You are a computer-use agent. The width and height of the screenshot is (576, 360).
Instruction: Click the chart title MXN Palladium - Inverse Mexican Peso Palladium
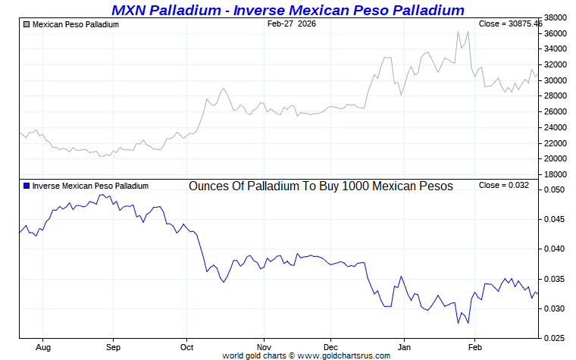[287, 10]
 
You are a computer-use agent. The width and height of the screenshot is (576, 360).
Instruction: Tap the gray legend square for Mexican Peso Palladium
[27, 24]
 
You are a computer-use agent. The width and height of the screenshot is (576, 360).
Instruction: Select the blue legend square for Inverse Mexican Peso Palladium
[27, 186]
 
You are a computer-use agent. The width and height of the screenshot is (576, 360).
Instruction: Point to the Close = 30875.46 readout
[510, 24]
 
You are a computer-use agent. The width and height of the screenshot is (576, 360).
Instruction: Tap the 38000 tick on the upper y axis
[557, 17]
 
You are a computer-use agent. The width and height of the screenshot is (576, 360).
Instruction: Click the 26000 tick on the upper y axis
[557, 112]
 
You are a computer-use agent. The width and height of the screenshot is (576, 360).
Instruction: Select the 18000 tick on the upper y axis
[557, 175]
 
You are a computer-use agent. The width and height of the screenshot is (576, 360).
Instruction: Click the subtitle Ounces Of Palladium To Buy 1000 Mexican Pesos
[321, 186]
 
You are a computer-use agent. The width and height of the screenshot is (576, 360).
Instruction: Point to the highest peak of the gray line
[459, 32]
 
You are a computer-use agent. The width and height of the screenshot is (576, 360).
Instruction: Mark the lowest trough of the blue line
[458, 324]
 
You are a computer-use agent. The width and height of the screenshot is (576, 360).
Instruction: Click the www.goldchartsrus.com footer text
[345, 355]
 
